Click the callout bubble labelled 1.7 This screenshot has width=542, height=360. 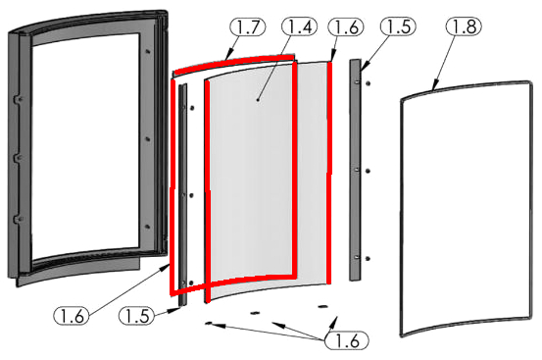[248, 26]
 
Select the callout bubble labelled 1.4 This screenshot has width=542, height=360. [300, 26]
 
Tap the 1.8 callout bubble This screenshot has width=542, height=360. [464, 26]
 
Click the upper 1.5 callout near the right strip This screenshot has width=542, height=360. [398, 26]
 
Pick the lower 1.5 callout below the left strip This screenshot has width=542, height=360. [136, 316]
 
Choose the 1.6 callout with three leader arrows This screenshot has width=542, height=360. [347, 340]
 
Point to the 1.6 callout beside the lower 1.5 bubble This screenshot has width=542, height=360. [72, 316]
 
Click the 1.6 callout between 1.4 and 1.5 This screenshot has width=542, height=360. [346, 26]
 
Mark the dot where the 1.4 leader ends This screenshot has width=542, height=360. [258, 100]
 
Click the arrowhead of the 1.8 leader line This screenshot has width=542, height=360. [435, 85]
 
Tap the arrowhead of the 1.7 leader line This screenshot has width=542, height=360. [227, 55]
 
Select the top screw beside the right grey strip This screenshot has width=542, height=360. [369, 83]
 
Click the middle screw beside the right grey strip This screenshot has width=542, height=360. [369, 172]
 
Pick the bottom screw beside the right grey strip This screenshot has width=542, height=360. [369, 259]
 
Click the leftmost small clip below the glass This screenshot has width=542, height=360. [209, 324]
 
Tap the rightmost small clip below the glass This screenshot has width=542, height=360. [322, 306]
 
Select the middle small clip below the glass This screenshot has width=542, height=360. [255, 313]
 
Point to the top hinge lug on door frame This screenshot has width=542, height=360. [19, 99]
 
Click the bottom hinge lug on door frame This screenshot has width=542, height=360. [19, 220]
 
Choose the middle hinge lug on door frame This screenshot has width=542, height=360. [19, 158]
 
